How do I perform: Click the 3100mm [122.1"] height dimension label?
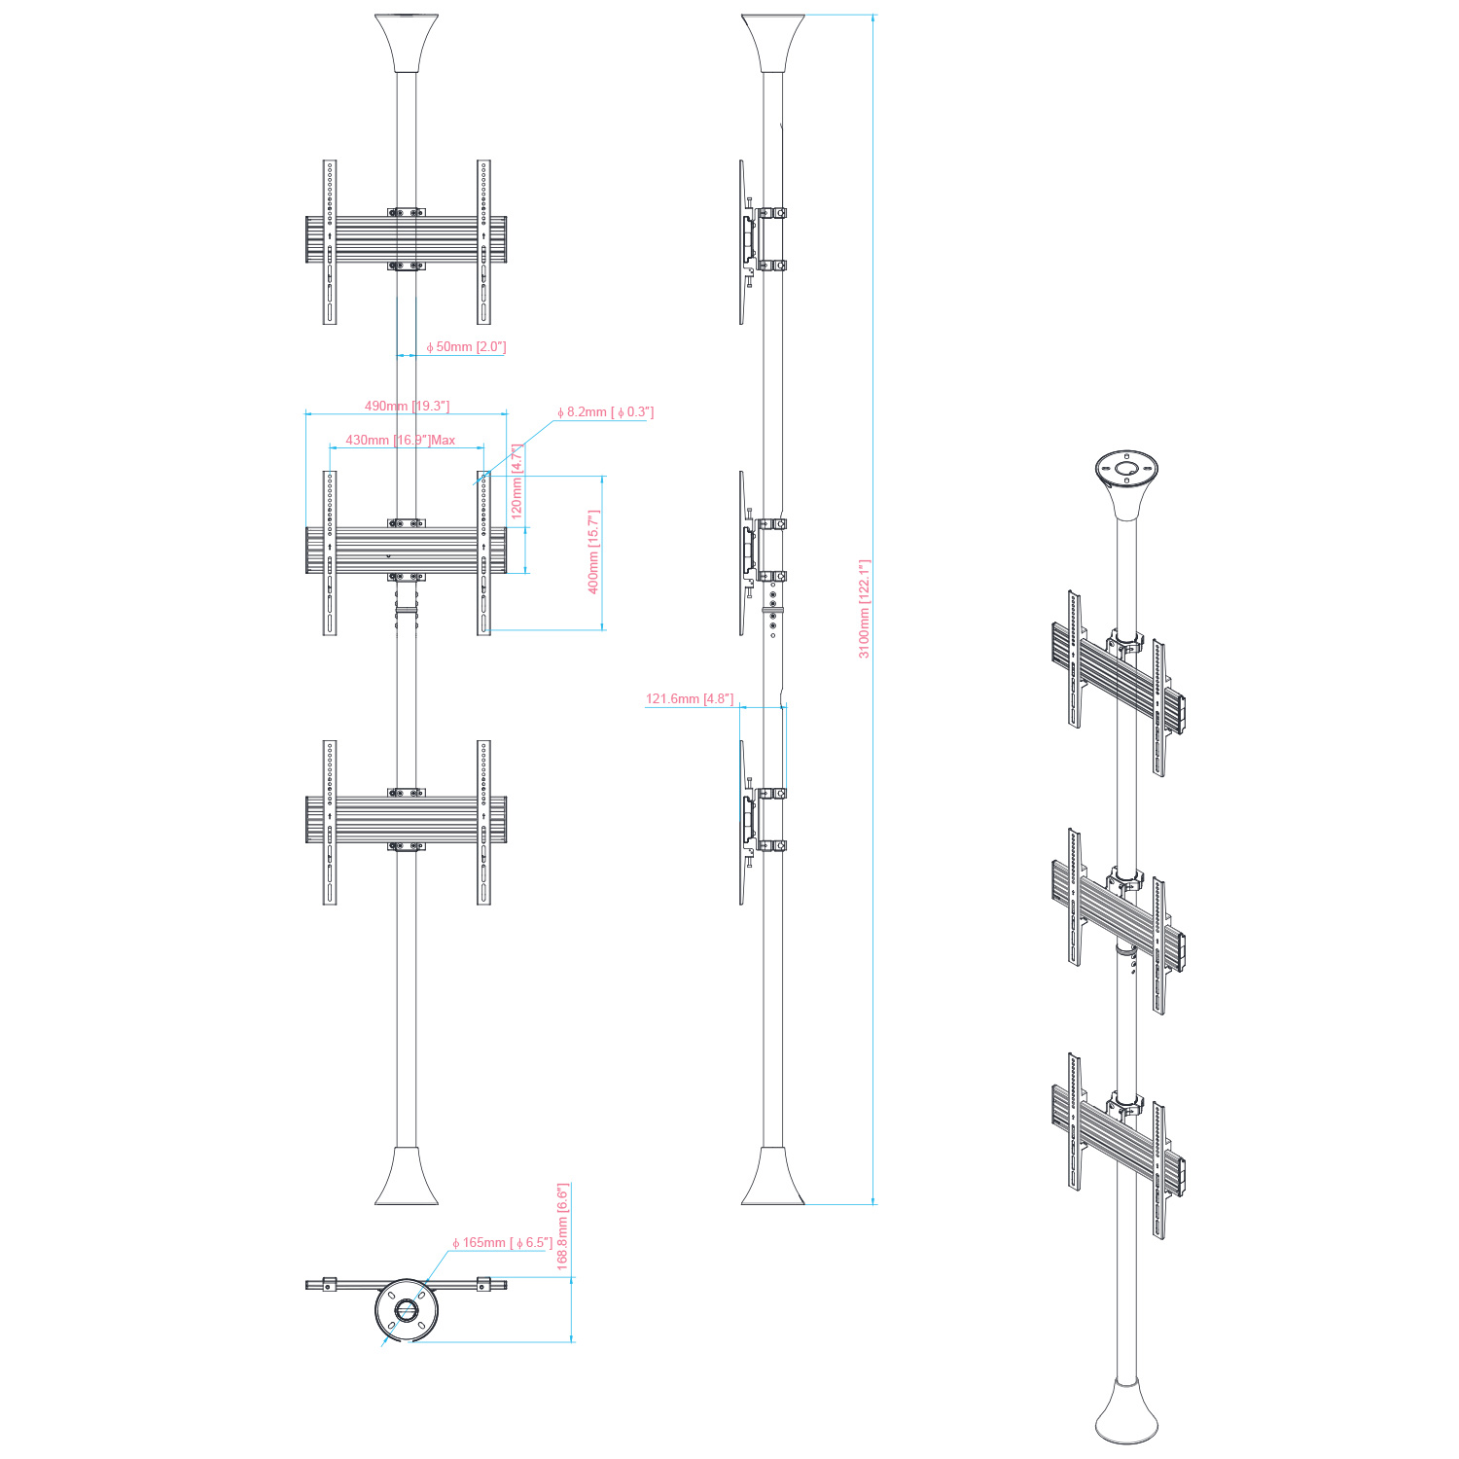864,609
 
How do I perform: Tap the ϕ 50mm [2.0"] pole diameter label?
466,347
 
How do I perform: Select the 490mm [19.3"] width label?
407,406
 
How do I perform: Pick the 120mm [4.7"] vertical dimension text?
517,481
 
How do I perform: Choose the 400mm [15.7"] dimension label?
593,552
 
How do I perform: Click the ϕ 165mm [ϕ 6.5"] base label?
502,1243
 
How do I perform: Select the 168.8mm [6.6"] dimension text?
562,1227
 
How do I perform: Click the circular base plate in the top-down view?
407,1310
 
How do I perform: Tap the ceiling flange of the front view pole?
407,44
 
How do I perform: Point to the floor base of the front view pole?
407,1177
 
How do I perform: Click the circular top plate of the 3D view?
1125,469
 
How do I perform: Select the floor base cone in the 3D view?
1126,1415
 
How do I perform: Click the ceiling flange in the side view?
773,44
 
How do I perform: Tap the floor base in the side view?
773,1177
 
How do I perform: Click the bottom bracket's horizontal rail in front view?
407,819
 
